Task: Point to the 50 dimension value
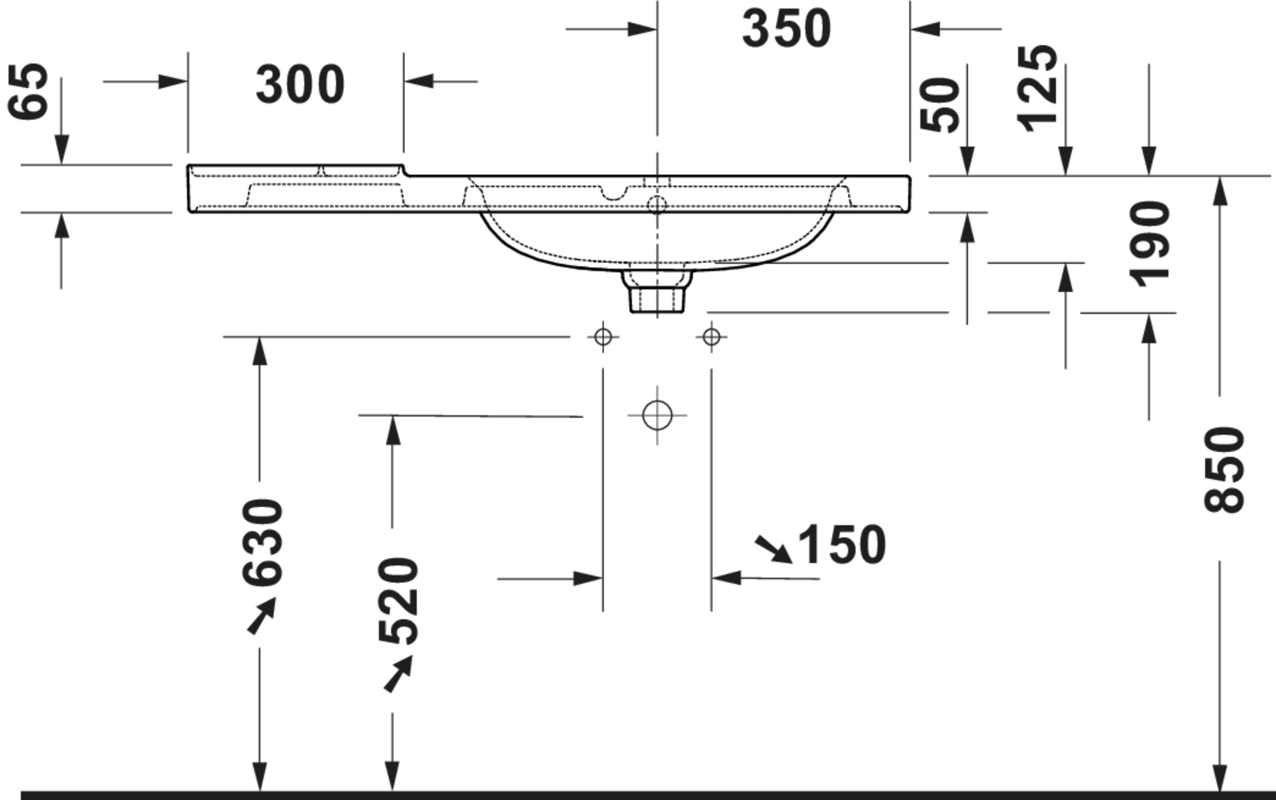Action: (x=940, y=105)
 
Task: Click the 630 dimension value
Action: (x=262, y=542)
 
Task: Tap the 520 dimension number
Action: (x=399, y=601)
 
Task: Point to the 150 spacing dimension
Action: (x=841, y=545)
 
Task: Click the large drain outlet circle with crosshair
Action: (x=657, y=415)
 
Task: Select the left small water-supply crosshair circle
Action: (x=603, y=337)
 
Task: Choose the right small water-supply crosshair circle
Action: (x=711, y=337)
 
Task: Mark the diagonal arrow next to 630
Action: (x=262, y=616)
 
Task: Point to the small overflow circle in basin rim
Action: (x=657, y=204)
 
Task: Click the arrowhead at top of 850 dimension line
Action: (x=1219, y=190)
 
